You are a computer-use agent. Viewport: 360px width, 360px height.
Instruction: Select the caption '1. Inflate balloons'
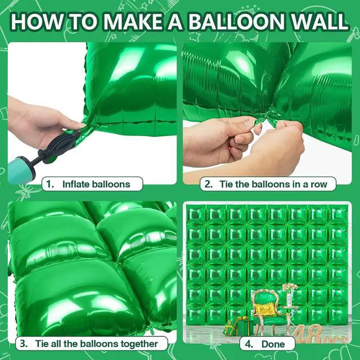click(x=92, y=184)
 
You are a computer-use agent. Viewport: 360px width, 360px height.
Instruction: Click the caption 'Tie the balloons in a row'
click(x=273, y=184)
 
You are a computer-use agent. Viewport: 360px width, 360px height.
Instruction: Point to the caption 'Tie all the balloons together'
click(x=96, y=344)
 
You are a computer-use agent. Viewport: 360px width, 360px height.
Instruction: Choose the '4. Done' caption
click(x=267, y=344)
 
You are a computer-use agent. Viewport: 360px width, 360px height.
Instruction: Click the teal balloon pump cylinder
click(x=21, y=170)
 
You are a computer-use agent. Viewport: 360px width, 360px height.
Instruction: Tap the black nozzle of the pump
click(x=58, y=146)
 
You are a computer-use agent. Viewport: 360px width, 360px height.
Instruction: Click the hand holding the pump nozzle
click(x=44, y=121)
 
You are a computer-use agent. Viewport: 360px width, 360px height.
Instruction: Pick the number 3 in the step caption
click(x=23, y=344)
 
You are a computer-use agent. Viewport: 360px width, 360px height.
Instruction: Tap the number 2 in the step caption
click(x=208, y=184)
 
